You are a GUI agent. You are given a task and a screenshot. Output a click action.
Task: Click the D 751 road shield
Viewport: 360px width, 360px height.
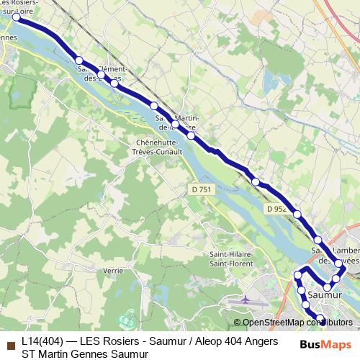(202, 189)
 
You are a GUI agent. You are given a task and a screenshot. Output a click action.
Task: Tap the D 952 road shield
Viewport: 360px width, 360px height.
(276, 209)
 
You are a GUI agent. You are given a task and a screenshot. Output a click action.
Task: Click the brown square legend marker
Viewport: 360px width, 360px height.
(11, 342)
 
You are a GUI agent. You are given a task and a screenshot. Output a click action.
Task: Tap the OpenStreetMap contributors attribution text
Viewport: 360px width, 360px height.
(297, 323)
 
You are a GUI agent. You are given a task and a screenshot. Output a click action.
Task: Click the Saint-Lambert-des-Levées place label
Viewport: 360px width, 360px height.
(337, 255)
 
